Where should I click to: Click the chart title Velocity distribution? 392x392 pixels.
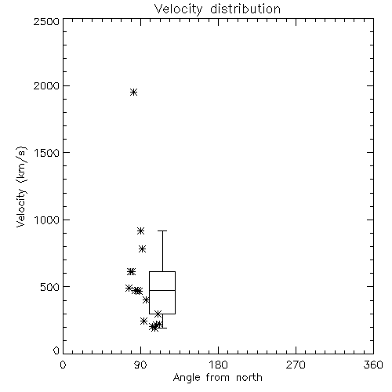coord(217,9)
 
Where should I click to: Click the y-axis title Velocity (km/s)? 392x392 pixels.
coord(21,187)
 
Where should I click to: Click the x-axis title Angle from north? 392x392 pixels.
coord(217,378)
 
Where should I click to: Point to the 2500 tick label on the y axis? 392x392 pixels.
coord(46,21)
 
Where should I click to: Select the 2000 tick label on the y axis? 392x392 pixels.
coord(46,85)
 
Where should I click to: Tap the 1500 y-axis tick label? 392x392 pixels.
coord(47,153)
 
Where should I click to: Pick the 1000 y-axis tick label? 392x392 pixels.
coord(47,220)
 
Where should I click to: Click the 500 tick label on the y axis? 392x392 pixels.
coord(50,287)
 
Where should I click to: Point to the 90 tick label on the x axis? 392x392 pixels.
coord(140,365)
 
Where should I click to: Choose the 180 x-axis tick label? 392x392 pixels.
coord(218,365)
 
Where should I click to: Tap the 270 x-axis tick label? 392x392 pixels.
coord(296,365)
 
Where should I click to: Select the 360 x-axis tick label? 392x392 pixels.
coord(373,365)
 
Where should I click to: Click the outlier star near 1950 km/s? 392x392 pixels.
coord(134,92)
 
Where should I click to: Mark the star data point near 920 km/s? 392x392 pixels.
coord(141,230)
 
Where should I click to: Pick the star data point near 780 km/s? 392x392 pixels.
coord(142,249)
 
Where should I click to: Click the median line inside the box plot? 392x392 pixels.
coord(162,290)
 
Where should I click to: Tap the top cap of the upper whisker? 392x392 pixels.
coord(162,230)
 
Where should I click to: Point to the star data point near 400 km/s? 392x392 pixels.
coord(146,299)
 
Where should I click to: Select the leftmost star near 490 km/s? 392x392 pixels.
coord(129,288)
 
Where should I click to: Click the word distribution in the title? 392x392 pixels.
coord(245,9)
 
